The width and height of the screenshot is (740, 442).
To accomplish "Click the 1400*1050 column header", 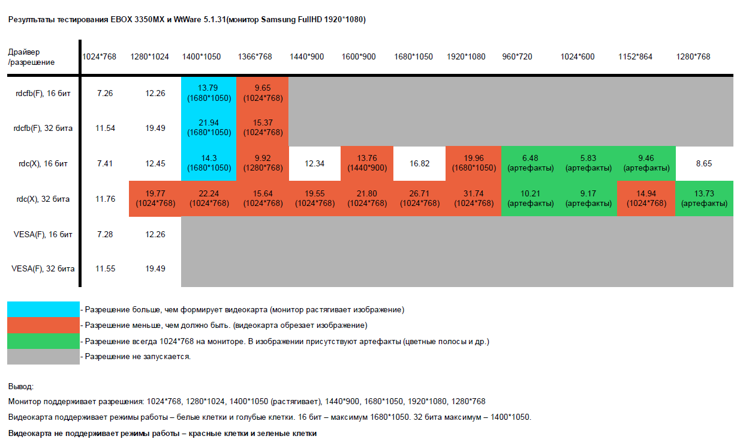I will coord(201,57).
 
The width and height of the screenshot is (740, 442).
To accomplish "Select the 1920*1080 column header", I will coord(466,57).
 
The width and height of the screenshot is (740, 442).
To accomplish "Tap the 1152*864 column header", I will coord(635,57).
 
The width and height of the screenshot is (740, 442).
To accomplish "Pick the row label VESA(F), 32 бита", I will coord(43,268).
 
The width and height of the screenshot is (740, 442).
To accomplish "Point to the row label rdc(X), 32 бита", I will coord(43,199).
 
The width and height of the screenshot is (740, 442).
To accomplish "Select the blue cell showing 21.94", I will coord(209,128).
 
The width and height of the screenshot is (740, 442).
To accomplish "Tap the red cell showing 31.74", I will coord(474,199).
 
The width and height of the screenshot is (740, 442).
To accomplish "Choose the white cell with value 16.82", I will coord(419,163).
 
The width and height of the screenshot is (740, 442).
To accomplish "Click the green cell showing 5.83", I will coord(588,163).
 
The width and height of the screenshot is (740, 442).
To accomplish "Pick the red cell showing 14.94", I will coord(646,199).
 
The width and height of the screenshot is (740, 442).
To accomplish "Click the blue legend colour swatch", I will coord(43,309).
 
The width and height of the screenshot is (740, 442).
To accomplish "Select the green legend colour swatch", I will coord(43,341).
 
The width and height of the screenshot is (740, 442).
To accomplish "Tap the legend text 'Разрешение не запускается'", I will coord(138,357).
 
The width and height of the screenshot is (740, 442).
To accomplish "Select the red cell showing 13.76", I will coord(367,163).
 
